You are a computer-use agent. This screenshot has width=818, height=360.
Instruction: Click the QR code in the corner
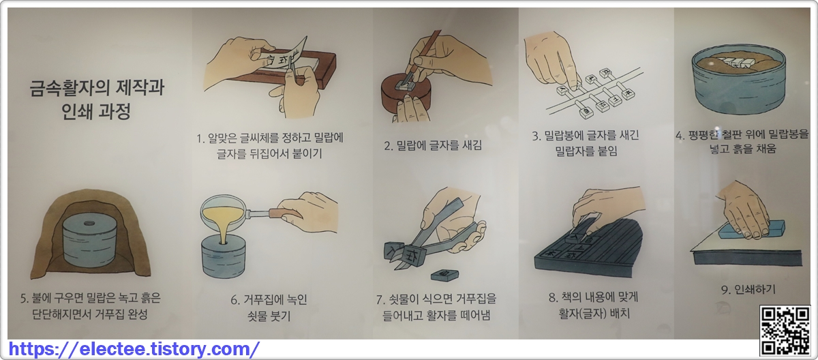pos(785,331)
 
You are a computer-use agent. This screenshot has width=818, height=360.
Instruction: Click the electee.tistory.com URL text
pos(134,349)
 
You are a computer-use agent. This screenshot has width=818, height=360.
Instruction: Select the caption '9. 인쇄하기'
pos(748,290)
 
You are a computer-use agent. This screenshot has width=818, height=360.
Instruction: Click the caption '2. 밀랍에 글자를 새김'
pos(433,145)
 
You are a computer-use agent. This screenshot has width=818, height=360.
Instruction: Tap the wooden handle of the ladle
pos(285,213)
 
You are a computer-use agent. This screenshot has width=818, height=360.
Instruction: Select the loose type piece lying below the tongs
pos(444,275)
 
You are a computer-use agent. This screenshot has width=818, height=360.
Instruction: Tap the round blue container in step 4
pos(739,78)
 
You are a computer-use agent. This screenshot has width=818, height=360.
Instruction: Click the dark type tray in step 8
pos(588,248)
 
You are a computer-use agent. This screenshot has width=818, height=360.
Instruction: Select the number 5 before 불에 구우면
pos(25,299)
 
